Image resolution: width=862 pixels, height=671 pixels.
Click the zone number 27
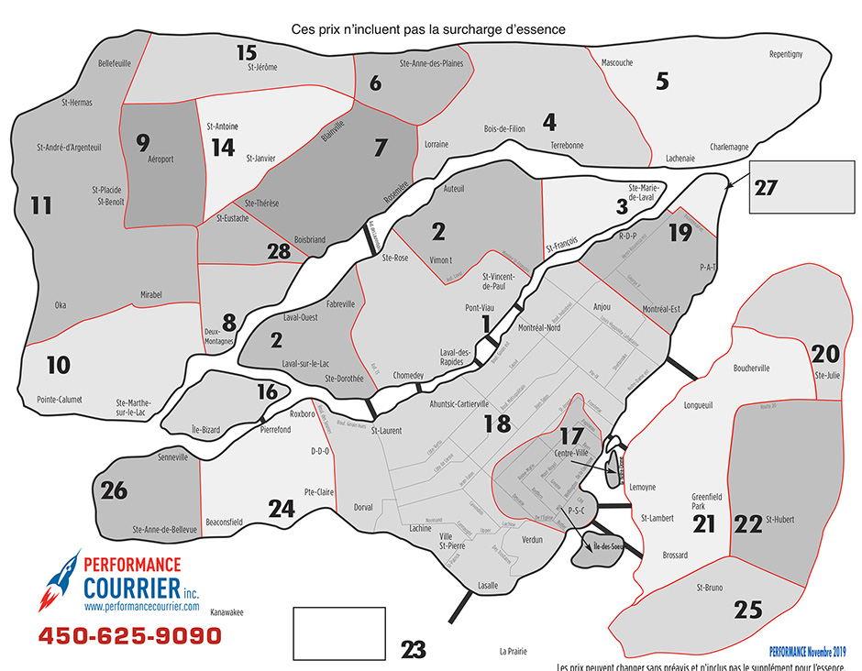coord(766,187)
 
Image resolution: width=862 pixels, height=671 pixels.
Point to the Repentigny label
coord(785,55)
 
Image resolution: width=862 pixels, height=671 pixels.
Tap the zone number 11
coord(40,205)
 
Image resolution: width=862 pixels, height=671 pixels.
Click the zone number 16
coord(267,392)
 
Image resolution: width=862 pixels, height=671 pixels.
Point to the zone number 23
coord(414,649)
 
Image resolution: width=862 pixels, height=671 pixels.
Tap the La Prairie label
coord(514,652)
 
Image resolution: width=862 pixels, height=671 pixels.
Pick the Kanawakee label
coord(227,615)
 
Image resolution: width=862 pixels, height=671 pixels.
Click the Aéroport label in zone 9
coord(160,159)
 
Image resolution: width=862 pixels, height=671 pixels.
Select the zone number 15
coord(247,52)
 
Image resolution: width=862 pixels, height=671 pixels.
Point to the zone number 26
coord(115,490)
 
